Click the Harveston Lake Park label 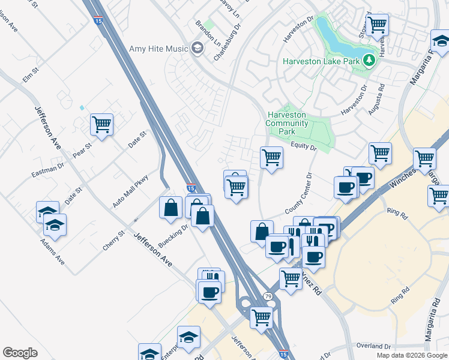coord(321,61)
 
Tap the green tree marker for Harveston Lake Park coord(369,60)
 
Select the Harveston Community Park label coord(287,123)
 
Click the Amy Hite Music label coord(158,49)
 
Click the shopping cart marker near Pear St coord(102,125)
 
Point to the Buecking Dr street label coord(173,235)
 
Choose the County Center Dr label coord(299,194)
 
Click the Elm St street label coord(30,75)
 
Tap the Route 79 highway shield coord(268,296)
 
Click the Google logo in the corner coord(20,353)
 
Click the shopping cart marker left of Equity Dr coord(271,157)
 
